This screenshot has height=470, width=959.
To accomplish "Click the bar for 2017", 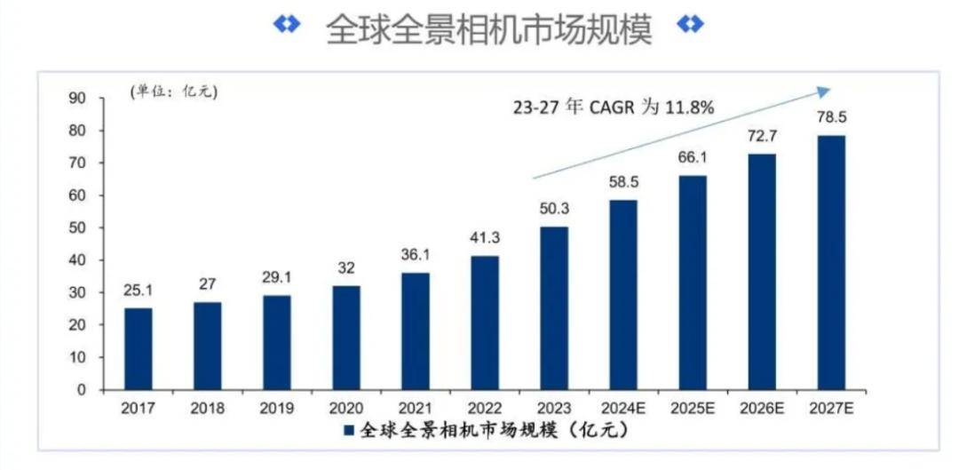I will (139, 348).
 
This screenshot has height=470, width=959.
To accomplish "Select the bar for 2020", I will (346, 338).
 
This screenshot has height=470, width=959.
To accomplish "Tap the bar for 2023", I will (554, 307).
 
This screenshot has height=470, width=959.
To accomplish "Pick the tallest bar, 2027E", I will (831, 262).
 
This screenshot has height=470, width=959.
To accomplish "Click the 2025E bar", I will (693, 283).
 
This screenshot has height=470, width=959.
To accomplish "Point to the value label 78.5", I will (831, 117).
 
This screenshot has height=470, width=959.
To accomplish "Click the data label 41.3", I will (485, 238).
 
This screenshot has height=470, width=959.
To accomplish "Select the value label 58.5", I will (623, 182).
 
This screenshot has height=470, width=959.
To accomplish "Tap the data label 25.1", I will (139, 291).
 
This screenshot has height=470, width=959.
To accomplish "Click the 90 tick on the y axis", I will (77, 99).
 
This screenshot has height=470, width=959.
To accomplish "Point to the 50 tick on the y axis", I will (77, 228).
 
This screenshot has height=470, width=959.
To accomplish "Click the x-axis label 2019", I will (277, 408).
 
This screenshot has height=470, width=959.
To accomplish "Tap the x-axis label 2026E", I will (762, 408).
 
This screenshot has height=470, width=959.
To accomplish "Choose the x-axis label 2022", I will (485, 408).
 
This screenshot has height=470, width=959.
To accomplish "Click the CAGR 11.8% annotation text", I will (614, 108).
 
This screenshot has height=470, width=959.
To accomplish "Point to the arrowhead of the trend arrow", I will (825, 90).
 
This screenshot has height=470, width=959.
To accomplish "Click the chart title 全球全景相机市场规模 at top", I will (489, 28).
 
